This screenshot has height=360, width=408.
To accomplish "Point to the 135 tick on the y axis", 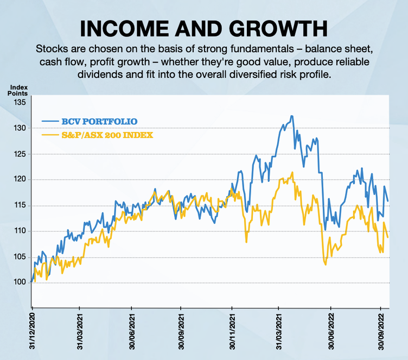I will coord(20,103).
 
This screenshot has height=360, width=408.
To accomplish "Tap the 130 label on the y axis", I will coord(20,128).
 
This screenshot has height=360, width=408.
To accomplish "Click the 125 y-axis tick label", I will coord(20,154).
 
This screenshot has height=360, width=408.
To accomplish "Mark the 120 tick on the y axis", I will coord(20,180).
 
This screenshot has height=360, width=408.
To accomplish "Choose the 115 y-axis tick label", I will coord(20,206).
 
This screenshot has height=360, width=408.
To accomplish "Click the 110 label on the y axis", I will coord(20,231).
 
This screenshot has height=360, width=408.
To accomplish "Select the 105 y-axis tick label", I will coord(20,257).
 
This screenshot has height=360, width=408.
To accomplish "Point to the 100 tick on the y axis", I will coord(20,283).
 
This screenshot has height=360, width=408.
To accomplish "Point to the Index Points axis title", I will coord(18,90).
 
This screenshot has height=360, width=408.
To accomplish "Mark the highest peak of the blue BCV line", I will coord(292,116).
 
